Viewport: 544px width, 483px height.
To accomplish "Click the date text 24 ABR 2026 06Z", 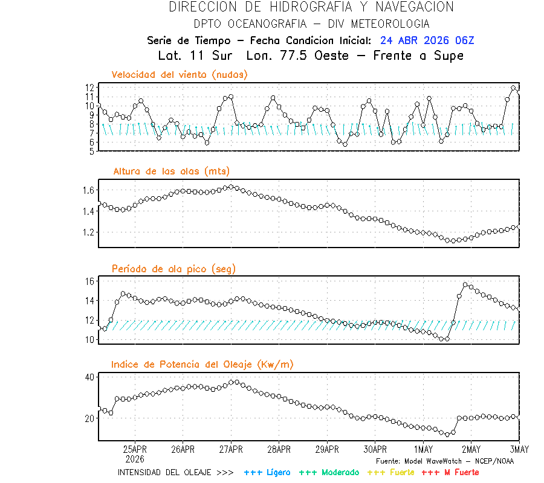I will point(427,40).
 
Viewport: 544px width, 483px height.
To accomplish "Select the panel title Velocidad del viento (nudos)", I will point(180,74).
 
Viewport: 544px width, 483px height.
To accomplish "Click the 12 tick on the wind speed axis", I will point(89,88).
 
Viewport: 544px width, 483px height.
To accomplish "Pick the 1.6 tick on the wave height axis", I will point(88,190).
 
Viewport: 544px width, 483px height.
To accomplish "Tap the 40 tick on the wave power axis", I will point(89,377).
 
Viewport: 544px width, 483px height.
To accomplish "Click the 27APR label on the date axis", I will point(231,449).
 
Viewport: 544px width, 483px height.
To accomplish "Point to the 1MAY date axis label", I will point(423,449).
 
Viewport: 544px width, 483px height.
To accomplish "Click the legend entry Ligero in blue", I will point(267,472).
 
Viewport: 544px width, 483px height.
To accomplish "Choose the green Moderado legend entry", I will point(329,472).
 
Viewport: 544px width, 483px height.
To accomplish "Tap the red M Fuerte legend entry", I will point(450,472).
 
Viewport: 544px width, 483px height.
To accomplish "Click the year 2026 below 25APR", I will point(135,458).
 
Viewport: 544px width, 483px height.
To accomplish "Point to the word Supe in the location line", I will point(448,56).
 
